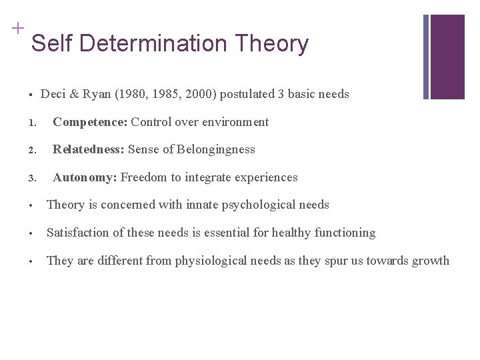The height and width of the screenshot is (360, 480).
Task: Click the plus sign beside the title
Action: [17, 27]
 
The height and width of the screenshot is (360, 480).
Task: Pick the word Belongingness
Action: [217, 149]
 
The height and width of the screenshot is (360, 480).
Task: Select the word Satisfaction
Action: [78, 233]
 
